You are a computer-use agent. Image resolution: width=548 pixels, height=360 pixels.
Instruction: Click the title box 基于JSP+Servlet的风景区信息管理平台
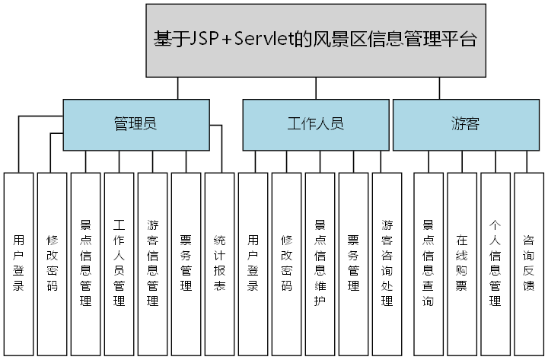[315, 40]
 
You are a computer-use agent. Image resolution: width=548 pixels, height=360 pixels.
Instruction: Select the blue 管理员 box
[135, 125]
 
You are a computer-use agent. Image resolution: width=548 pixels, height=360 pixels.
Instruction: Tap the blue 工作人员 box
[315, 125]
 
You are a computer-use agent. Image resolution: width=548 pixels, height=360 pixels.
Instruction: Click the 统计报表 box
[219, 263]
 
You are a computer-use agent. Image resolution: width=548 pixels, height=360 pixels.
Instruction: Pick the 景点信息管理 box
[85, 263]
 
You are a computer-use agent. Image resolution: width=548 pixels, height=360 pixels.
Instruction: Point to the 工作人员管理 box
[119, 263]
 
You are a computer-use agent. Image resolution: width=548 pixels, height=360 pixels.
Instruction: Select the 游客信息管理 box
[152, 263]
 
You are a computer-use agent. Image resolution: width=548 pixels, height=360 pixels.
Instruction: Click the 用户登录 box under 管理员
[18, 263]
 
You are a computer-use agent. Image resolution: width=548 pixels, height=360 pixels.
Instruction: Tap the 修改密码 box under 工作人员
[286, 263]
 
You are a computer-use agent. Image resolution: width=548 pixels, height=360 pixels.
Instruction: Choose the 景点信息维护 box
[320, 263]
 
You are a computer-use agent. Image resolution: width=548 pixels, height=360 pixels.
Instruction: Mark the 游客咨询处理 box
[387, 263]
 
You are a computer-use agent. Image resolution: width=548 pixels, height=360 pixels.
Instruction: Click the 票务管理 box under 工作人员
[353, 263]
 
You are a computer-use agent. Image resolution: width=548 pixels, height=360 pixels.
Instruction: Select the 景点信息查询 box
[428, 263]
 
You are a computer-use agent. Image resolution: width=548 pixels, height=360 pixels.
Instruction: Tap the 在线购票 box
[461, 263]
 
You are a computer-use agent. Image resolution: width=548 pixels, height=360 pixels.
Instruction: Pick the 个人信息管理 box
[495, 263]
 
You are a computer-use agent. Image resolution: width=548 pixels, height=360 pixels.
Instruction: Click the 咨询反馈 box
[529, 263]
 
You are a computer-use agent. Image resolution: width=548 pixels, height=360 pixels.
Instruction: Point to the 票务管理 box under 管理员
[186, 263]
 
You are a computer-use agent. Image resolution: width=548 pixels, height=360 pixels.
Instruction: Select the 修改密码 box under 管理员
[52, 263]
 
